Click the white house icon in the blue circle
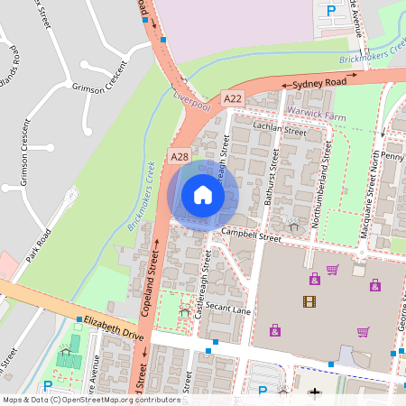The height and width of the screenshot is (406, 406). point(203,194)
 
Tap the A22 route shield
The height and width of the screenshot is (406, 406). point(233,97)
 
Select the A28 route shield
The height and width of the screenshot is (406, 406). point(180,157)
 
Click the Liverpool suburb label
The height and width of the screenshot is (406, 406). point(191,100)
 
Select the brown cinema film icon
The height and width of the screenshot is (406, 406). point(309,302)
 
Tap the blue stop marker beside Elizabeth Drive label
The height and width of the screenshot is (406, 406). point(79,320)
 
